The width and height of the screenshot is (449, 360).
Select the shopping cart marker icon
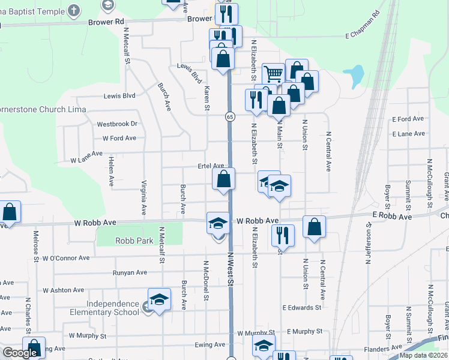[273, 74]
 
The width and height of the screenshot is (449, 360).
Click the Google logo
[20, 353]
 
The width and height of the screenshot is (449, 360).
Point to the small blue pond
[355, 76]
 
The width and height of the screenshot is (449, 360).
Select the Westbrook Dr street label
[117, 124]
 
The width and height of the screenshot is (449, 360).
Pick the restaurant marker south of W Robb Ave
[283, 235]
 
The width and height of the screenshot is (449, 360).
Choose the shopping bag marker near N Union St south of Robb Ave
[315, 227]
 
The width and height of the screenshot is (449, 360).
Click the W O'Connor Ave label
[66, 258]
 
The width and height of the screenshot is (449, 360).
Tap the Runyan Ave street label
[130, 272]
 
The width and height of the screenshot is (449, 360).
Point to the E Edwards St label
[302, 307]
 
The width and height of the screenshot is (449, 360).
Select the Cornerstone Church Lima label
[42, 110]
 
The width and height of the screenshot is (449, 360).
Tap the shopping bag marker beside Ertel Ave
[223, 179]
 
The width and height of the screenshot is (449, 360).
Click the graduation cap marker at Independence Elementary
[159, 299]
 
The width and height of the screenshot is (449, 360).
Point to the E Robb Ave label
[391, 216]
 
